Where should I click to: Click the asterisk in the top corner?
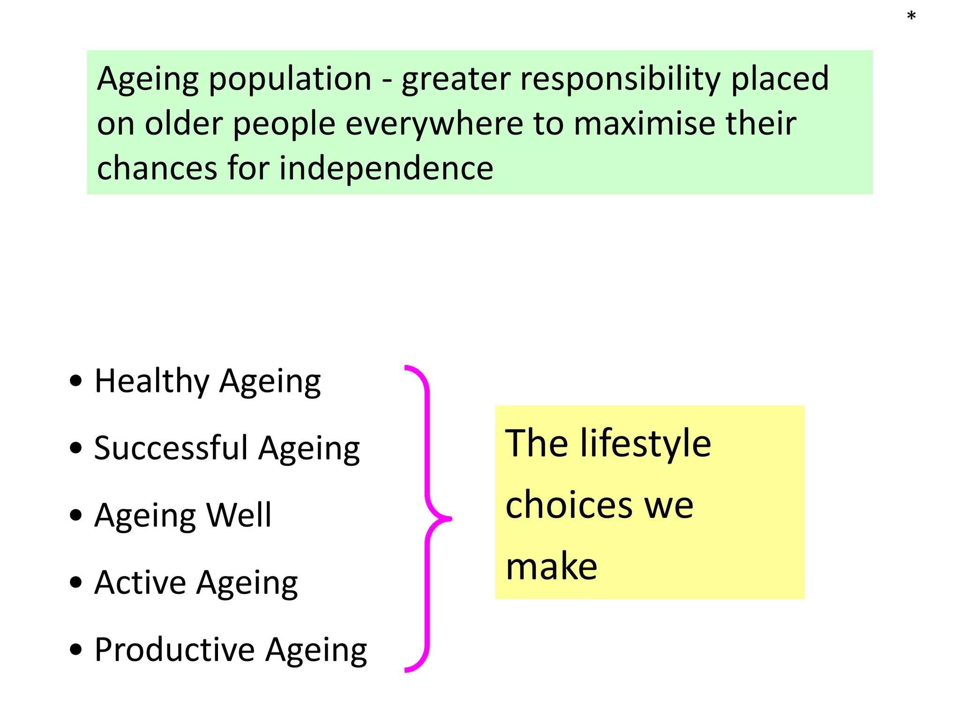[911, 16]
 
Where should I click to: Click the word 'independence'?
[386, 168]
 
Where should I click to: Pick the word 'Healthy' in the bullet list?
[152, 382]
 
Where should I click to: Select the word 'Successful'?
[171, 448]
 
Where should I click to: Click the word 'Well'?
[239, 515]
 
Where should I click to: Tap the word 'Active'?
[141, 583]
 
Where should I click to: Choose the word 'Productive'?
[175, 650]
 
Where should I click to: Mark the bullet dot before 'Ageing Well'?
[75, 515]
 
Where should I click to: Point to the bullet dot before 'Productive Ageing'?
[75, 650]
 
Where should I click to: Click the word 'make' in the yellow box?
[552, 567]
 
